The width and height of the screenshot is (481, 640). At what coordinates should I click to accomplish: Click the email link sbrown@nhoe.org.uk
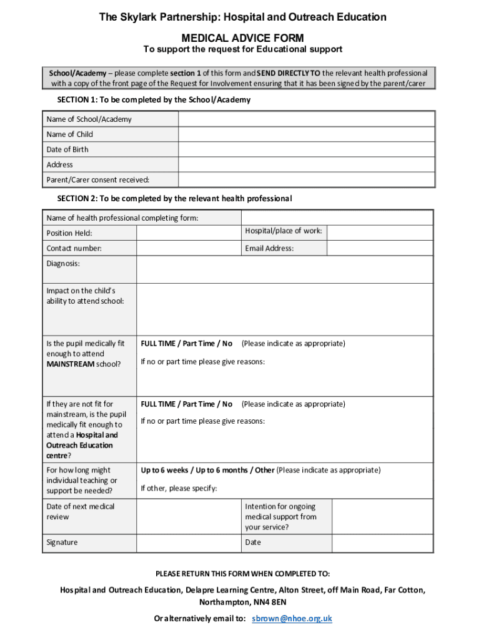(x=292, y=619)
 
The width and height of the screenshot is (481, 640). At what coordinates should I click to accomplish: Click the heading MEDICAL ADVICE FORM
(x=242, y=38)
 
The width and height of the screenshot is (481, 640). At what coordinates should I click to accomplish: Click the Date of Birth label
(x=67, y=149)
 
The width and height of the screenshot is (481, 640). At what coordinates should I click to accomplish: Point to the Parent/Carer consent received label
(x=98, y=180)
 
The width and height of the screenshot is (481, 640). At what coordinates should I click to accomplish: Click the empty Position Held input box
(x=189, y=232)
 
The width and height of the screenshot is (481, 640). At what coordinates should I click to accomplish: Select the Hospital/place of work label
(x=284, y=231)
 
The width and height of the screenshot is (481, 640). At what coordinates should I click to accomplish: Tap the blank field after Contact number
(x=189, y=248)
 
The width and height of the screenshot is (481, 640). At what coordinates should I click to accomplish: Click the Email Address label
(x=269, y=248)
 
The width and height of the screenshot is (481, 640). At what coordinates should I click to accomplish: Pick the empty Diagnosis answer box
(x=284, y=269)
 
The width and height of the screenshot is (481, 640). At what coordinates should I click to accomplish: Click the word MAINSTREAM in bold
(x=71, y=364)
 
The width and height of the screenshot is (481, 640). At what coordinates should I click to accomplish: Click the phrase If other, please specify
(x=179, y=488)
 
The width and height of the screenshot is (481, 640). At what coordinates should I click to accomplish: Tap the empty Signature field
(x=189, y=542)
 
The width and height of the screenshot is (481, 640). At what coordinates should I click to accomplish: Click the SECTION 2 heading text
(x=174, y=198)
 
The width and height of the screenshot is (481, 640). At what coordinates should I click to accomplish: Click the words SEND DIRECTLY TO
(x=289, y=73)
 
